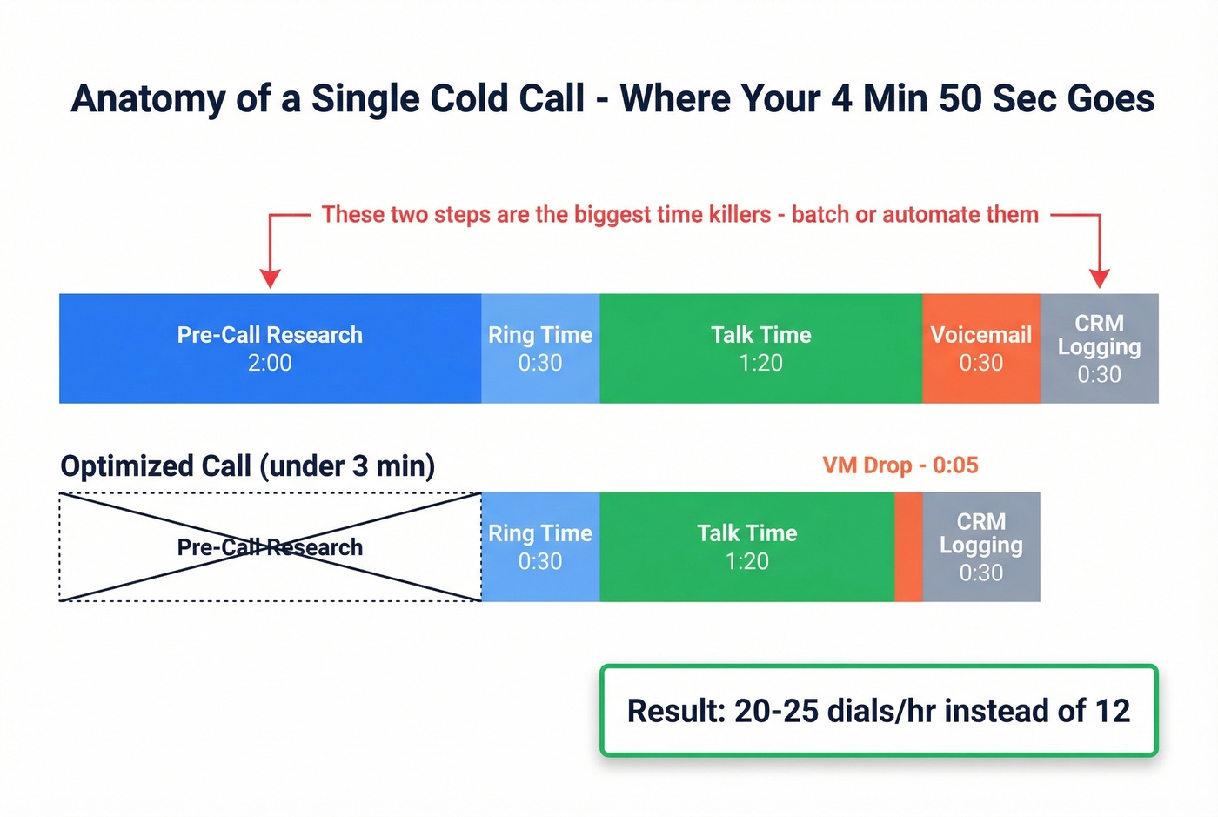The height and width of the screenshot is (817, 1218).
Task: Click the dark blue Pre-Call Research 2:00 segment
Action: point(270,348)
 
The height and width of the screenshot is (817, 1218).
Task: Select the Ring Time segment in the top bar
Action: point(540,348)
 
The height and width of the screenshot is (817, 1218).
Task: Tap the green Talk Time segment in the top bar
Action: point(760,348)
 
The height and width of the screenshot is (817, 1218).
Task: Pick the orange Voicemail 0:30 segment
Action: point(980,348)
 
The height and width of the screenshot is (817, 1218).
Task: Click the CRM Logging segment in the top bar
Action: point(1099,348)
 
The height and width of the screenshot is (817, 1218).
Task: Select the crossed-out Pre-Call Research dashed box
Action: point(270,547)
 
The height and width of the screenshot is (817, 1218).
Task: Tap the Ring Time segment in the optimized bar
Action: point(540,547)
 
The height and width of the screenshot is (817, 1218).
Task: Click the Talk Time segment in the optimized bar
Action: point(746,547)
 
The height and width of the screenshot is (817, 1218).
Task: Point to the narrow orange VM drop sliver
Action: point(908,547)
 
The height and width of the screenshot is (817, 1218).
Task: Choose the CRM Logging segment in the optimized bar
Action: point(980,547)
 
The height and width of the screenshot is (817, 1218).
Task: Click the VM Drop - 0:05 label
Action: point(900,465)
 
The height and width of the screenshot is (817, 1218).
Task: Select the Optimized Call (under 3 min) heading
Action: point(247,466)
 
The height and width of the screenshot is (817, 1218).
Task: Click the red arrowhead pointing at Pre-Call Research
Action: point(271,278)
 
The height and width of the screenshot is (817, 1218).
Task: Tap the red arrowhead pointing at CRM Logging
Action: point(1100,278)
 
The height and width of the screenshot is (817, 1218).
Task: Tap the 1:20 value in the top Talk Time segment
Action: point(760,363)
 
